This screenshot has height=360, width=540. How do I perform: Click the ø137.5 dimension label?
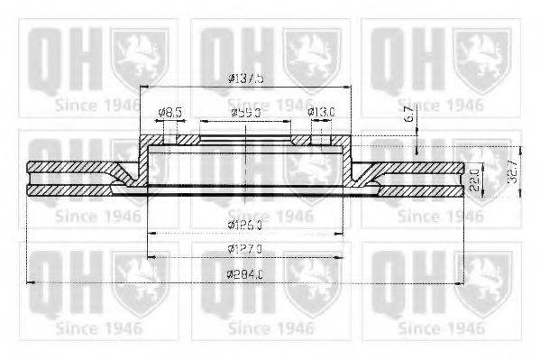coord(245,78)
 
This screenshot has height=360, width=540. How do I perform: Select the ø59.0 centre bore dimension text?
coord(245,113)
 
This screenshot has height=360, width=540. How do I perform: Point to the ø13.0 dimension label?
coord(322,113)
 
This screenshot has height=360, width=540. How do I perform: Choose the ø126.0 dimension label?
coord(245,223)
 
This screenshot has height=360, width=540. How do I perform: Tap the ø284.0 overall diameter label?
coord(245,273)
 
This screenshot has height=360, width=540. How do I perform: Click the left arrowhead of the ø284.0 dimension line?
coord(32,282)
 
